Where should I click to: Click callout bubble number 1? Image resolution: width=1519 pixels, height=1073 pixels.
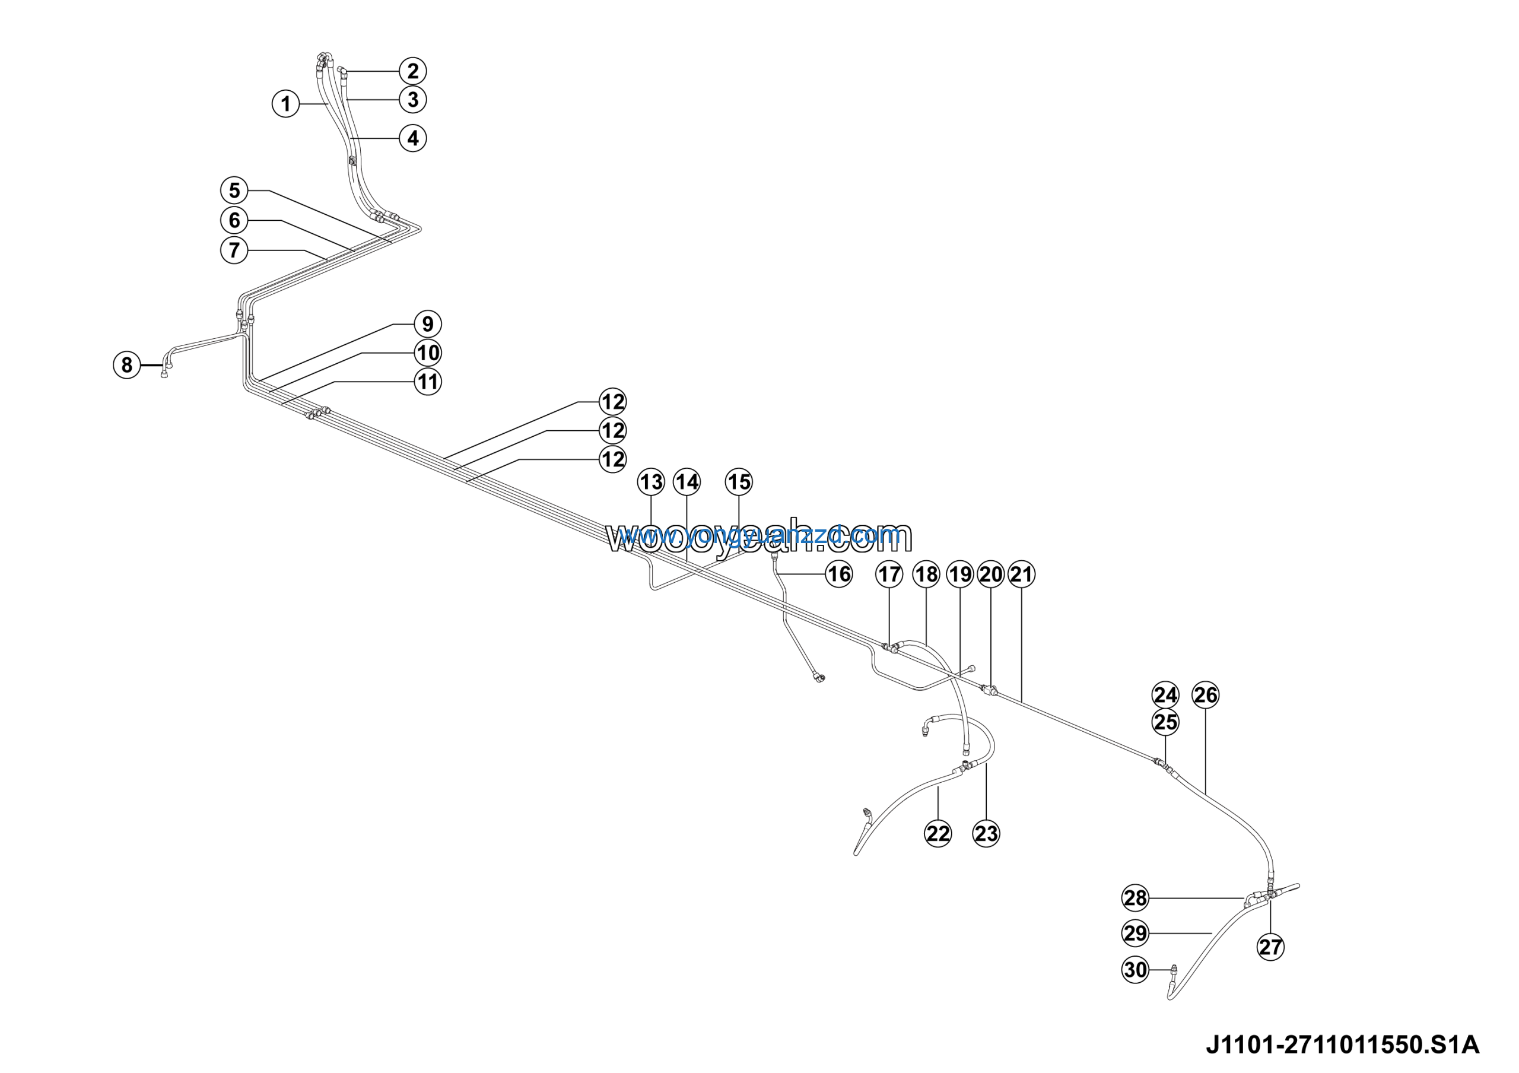click(x=286, y=104)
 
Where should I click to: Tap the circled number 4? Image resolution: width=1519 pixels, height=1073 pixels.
click(x=413, y=138)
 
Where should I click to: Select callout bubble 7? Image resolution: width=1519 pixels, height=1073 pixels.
click(x=234, y=250)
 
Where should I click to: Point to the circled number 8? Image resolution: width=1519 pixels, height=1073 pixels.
click(x=127, y=364)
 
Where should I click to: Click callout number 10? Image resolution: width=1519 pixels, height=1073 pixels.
click(x=428, y=353)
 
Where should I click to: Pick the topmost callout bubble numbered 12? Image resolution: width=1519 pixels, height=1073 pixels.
click(x=612, y=402)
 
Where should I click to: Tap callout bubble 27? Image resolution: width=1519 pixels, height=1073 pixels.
click(x=1270, y=947)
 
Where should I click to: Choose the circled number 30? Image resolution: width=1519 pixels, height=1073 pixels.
click(x=1135, y=970)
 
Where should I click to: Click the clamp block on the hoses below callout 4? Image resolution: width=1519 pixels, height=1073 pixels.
click(x=352, y=160)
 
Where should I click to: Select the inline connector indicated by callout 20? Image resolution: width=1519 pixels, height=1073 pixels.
click(x=990, y=691)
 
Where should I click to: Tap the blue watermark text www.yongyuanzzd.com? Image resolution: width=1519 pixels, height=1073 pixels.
click(x=761, y=535)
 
